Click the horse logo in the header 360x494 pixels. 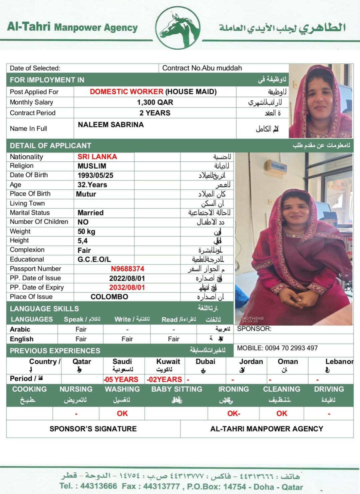(179, 28)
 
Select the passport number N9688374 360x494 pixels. (127, 269)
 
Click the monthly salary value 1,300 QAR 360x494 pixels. (155, 102)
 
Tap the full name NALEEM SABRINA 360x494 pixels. (111, 125)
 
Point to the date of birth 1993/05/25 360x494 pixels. (95, 175)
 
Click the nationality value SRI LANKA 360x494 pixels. (97, 157)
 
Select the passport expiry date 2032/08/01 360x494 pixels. (127, 288)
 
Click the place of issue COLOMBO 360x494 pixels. (109, 297)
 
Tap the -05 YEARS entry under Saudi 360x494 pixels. (121, 379)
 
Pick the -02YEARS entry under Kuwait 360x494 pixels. (164, 379)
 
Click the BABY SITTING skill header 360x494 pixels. (176, 389)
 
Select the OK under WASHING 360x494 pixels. (122, 414)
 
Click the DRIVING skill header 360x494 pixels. (329, 389)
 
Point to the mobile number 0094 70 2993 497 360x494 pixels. (291, 348)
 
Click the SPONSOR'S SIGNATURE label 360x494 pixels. (93, 429)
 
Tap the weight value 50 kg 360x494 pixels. (86, 231)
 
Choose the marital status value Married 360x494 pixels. (90, 213)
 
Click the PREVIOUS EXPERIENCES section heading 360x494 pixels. (55, 351)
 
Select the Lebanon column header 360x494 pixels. (339, 362)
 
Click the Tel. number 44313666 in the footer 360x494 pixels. (99, 486)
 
